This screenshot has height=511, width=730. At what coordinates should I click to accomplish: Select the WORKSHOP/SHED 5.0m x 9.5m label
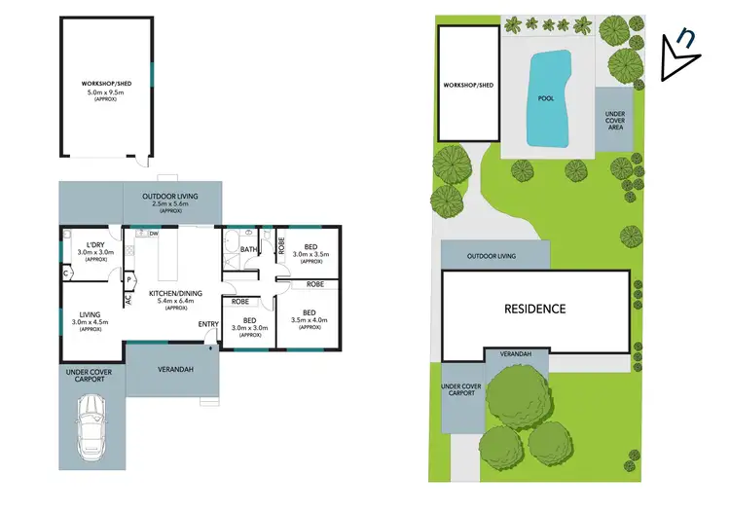[x=106, y=90]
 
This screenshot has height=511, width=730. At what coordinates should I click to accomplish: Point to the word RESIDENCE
[x=534, y=310]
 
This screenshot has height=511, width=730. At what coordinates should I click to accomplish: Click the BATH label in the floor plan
[x=248, y=250]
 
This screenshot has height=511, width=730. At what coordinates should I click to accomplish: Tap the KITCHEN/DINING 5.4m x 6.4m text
[x=175, y=298]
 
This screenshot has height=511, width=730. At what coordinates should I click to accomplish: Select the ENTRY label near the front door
[x=208, y=324]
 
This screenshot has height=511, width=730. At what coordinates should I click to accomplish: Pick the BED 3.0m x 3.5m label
[x=310, y=251]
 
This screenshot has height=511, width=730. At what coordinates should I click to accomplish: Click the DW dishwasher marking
[x=154, y=234]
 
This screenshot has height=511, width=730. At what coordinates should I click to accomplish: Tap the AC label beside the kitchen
[x=128, y=300]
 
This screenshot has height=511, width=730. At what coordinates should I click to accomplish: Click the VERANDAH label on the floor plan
[x=175, y=369]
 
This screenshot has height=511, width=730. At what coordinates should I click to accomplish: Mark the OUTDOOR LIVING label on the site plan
[x=492, y=257]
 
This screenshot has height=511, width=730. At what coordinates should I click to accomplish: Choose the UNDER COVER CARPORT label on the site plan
[x=461, y=391]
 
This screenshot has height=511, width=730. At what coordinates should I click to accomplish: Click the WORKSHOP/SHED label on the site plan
[x=469, y=85]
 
